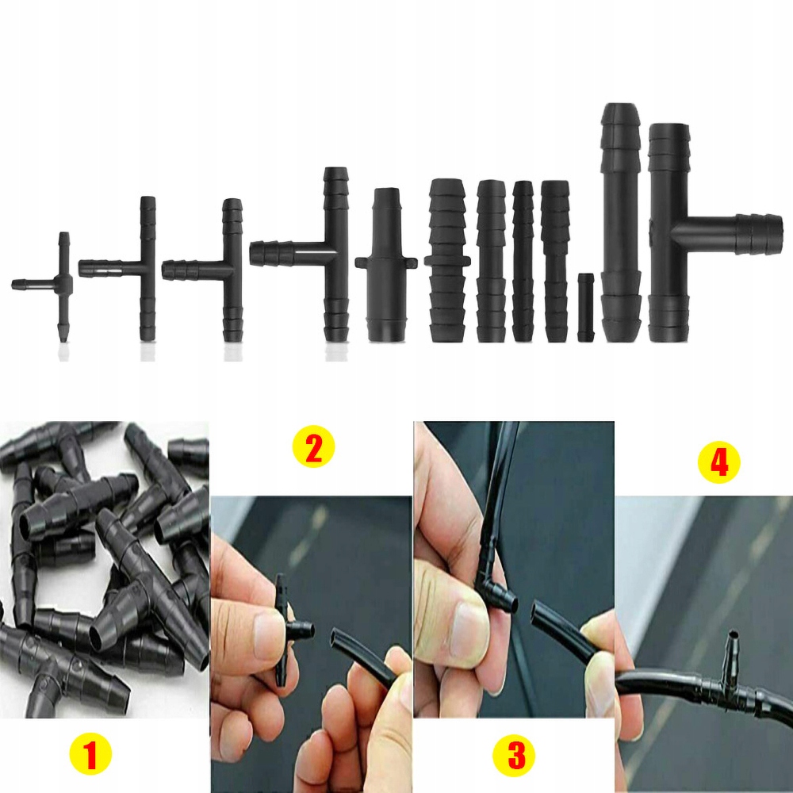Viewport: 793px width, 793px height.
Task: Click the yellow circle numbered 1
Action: (90, 756)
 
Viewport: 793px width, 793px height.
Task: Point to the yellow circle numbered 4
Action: (718, 462)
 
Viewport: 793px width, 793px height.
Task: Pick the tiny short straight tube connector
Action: (586, 307)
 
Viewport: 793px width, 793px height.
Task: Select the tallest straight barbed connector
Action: (621, 223)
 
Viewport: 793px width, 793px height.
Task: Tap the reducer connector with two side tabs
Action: (386, 265)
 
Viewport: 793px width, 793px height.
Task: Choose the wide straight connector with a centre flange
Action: (447, 260)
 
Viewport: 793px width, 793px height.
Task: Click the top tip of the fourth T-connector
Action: (335, 168)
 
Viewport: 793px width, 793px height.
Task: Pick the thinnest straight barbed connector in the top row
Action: (523, 261)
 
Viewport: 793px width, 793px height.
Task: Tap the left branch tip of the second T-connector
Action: (80, 266)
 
